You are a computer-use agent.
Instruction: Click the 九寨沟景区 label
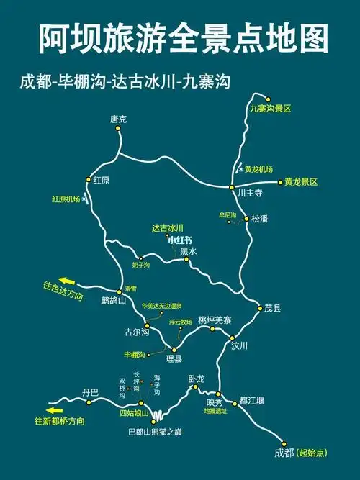(x=271, y=109)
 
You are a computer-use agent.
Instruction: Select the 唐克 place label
(x=118, y=119)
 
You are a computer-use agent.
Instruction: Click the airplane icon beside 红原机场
(x=86, y=197)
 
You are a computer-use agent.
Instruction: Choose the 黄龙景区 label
(x=301, y=182)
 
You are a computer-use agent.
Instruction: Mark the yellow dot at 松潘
(x=246, y=218)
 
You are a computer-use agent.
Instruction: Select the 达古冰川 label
(x=168, y=228)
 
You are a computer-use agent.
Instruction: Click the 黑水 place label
(x=188, y=251)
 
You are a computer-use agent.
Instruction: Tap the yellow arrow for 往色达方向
(x=67, y=281)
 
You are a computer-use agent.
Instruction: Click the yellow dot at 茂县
(x=260, y=308)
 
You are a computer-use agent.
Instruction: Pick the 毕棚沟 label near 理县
(x=135, y=355)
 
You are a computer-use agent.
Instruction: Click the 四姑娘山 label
(x=134, y=413)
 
